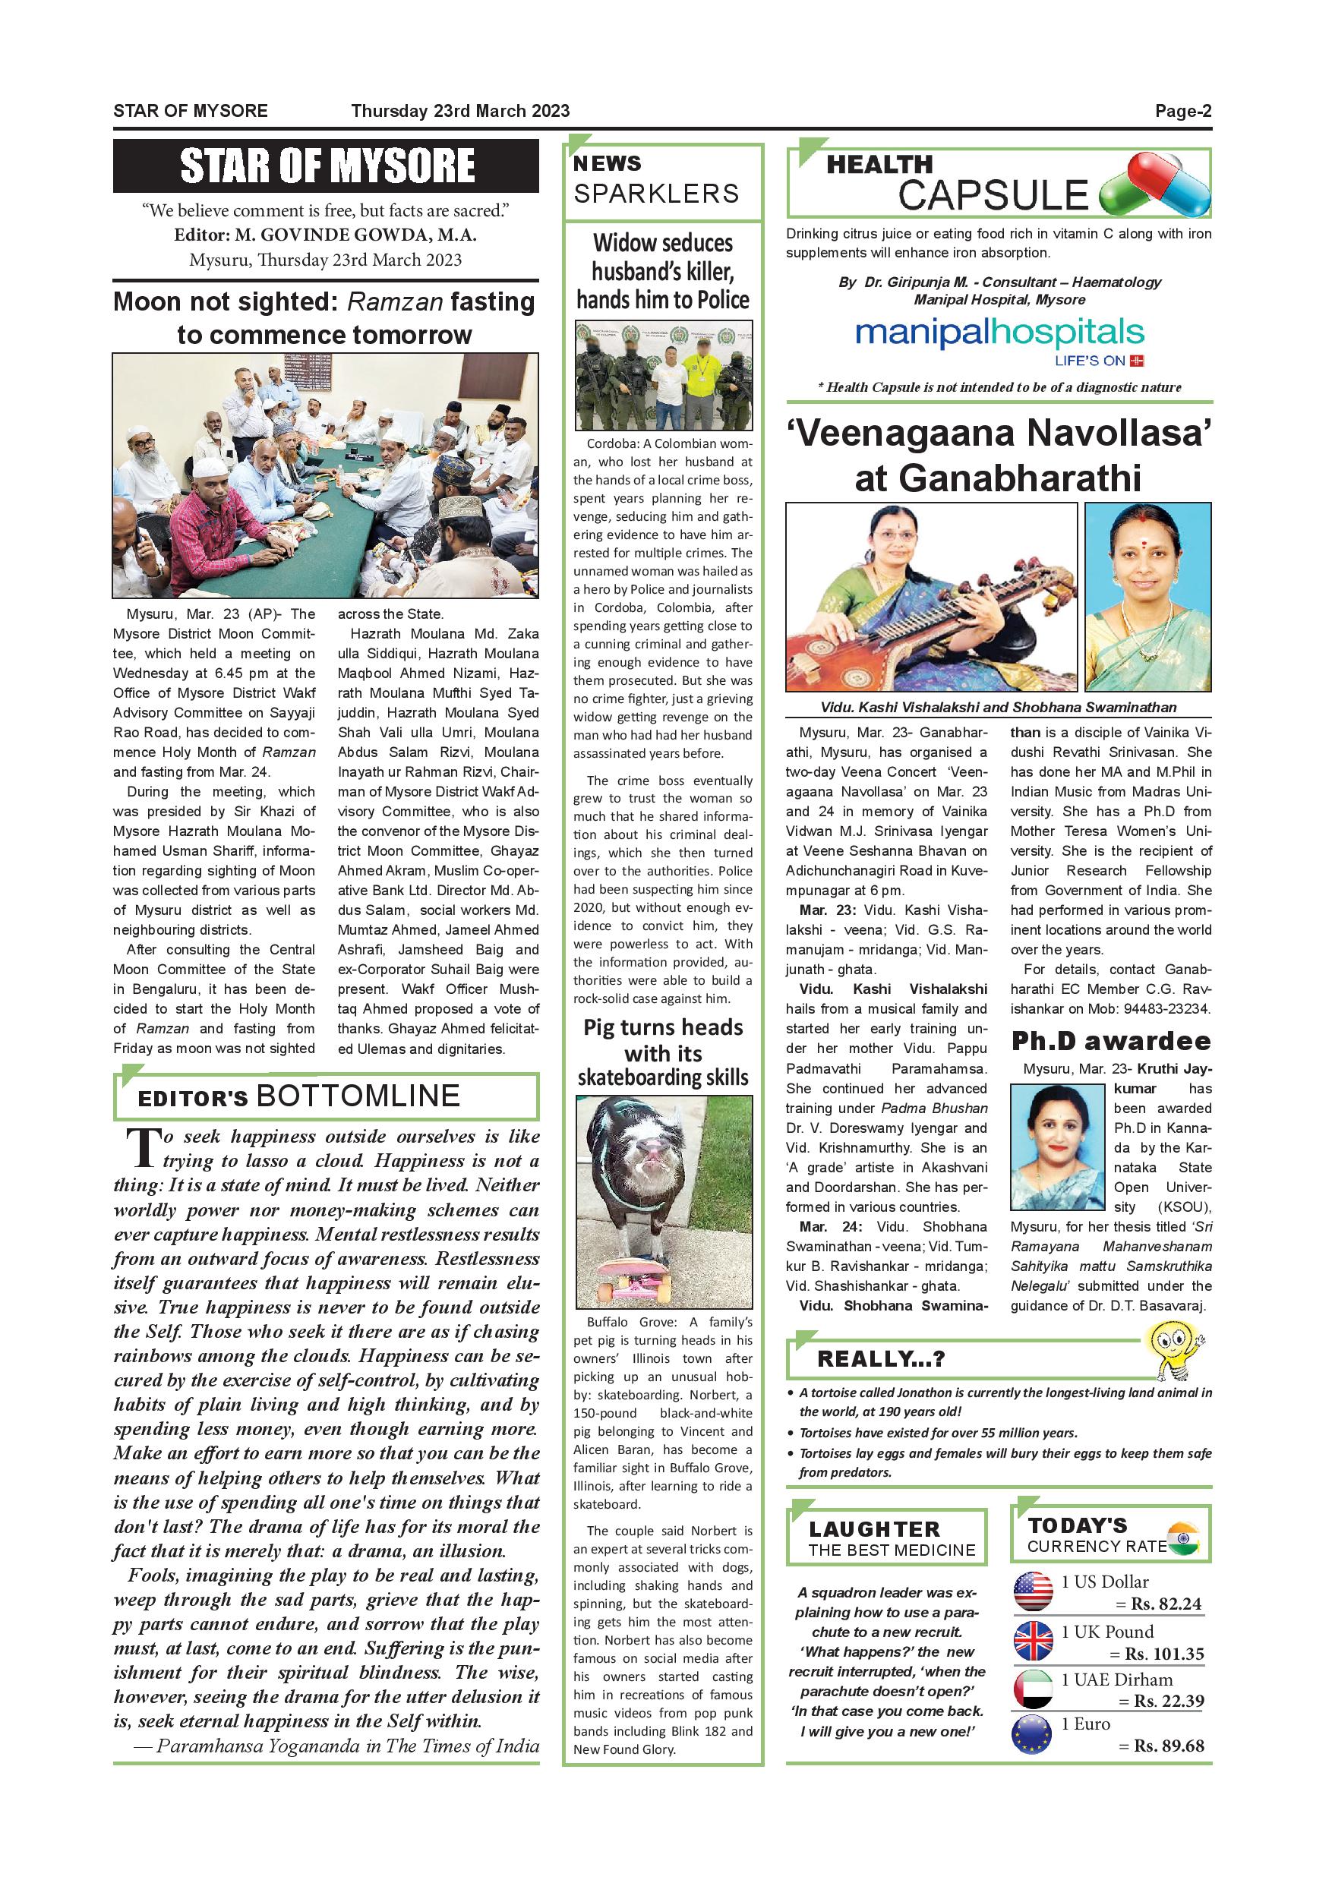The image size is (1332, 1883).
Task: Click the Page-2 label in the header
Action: point(1182,112)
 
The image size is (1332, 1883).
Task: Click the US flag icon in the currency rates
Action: point(1033,1592)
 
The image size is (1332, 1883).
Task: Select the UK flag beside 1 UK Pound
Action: point(1033,1641)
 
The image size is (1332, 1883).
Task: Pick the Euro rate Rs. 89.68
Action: point(1168,1746)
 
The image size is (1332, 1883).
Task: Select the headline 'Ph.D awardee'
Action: point(1110,1041)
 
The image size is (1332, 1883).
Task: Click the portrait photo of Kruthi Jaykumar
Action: point(1056,1147)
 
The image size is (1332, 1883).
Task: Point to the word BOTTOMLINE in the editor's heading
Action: point(358,1096)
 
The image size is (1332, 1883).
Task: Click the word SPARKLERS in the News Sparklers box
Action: point(656,194)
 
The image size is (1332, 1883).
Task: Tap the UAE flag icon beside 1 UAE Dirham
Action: point(1033,1689)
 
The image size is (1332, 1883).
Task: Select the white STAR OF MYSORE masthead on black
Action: point(327,166)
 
